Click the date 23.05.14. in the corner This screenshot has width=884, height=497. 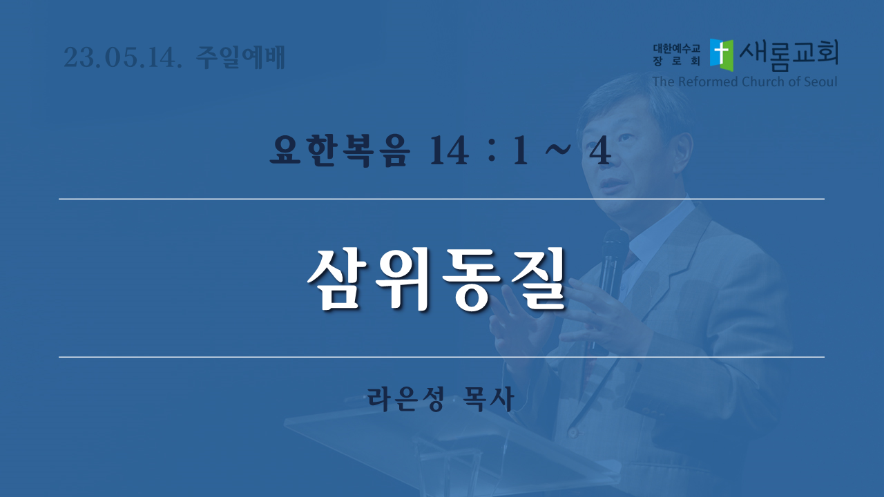(123, 57)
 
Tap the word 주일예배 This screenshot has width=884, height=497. (240, 57)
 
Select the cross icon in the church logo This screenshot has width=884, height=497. (722, 55)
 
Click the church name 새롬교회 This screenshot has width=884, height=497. (789, 55)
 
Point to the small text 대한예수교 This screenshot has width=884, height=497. (676, 48)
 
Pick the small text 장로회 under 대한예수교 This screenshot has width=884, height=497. (676, 61)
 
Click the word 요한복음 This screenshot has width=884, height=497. (338, 150)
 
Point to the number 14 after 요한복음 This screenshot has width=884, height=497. (449, 150)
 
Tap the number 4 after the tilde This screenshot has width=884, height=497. (600, 150)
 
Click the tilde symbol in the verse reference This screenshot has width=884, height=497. (557, 148)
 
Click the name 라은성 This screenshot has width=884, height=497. (405, 399)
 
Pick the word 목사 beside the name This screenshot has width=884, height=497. (488, 399)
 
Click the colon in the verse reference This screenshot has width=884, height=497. (491, 150)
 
